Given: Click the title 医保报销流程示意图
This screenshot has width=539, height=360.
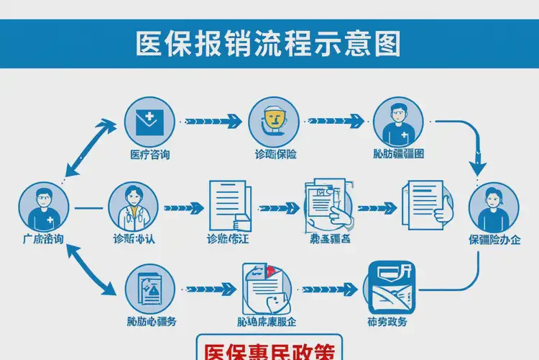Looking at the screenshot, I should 269,42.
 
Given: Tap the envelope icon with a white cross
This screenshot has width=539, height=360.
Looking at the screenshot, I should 149,121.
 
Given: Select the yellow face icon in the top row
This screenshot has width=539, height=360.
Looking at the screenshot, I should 273,121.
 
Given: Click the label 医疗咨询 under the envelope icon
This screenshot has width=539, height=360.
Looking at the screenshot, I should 149,155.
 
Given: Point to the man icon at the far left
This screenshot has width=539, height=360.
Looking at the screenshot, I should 44,207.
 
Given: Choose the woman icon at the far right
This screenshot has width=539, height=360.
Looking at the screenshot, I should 494,207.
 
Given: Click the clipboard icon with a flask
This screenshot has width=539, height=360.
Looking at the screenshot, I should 149,289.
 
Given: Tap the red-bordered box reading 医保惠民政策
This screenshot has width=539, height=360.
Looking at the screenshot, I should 269,349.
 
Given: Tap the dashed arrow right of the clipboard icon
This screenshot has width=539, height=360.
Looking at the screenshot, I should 211,289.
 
